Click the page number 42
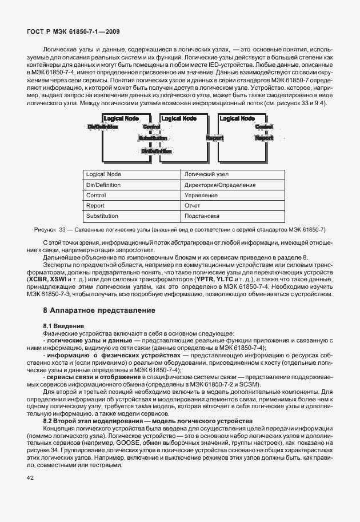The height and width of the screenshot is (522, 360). click(x=29, y=478)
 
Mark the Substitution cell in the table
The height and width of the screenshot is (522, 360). click(x=102, y=216)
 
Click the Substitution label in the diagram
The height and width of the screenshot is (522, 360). click(x=153, y=138)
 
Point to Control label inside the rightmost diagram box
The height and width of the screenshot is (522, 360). click(x=265, y=126)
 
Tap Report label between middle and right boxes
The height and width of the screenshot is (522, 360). click(x=214, y=138)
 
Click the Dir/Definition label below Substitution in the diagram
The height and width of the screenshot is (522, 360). click(x=156, y=151)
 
